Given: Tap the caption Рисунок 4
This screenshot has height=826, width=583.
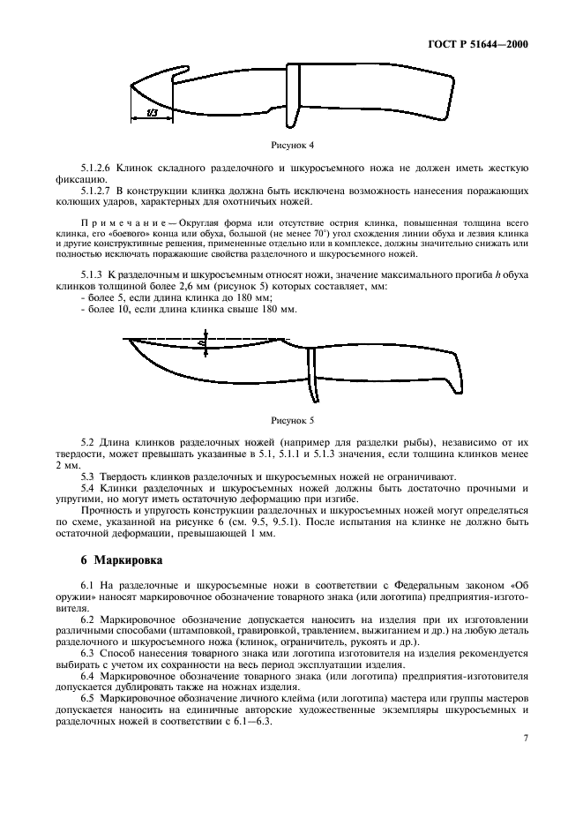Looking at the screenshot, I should pyautogui.click(x=291, y=144).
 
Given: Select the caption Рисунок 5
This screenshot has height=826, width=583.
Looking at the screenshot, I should pyautogui.click(x=291, y=421).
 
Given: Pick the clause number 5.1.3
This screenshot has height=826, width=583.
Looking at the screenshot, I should pyautogui.click(x=93, y=275).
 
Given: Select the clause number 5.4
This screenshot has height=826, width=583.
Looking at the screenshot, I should pyautogui.click(x=86, y=487).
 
